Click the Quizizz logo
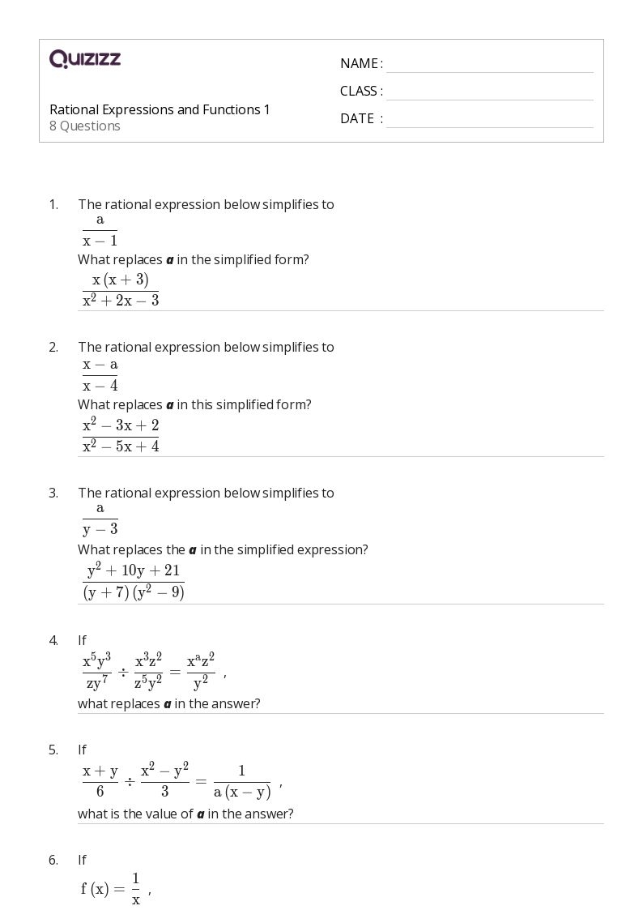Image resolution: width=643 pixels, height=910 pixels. [x=85, y=58]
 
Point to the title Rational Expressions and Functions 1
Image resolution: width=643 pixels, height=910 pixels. [x=160, y=109]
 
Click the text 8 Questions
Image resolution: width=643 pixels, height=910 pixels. [x=85, y=126]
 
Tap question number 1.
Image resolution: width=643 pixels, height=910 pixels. [x=53, y=205]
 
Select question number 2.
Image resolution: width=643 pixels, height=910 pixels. [x=53, y=348]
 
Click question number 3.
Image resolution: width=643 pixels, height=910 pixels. [x=53, y=493]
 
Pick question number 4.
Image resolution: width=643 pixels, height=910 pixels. [x=53, y=640]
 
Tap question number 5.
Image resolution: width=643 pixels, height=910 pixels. [x=53, y=750]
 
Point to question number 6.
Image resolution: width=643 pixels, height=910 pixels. [x=53, y=861]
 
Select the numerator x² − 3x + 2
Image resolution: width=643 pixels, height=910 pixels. [x=121, y=425]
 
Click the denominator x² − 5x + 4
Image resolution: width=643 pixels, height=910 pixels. [x=121, y=446]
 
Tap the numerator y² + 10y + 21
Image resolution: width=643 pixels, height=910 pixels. [x=134, y=571]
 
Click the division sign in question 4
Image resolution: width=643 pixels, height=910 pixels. [x=123, y=672]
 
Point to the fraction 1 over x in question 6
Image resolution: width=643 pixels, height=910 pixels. [x=135, y=889]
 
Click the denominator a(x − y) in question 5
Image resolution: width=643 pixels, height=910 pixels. [x=242, y=793]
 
